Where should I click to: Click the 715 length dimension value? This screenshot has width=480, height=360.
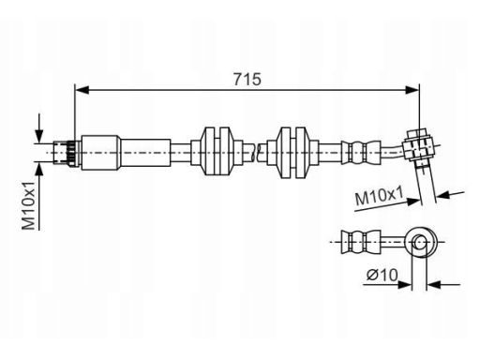(247, 79)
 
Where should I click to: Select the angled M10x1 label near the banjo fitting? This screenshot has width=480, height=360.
(379, 196)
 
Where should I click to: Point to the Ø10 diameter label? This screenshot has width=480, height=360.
(382, 276)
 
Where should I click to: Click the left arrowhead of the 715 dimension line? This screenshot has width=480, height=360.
(82, 90)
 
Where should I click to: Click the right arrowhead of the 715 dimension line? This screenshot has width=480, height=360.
(412, 90)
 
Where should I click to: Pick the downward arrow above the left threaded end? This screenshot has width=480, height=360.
(39, 128)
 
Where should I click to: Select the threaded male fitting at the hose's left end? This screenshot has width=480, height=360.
(67, 153)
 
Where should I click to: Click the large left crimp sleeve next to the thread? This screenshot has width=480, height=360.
(100, 153)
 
